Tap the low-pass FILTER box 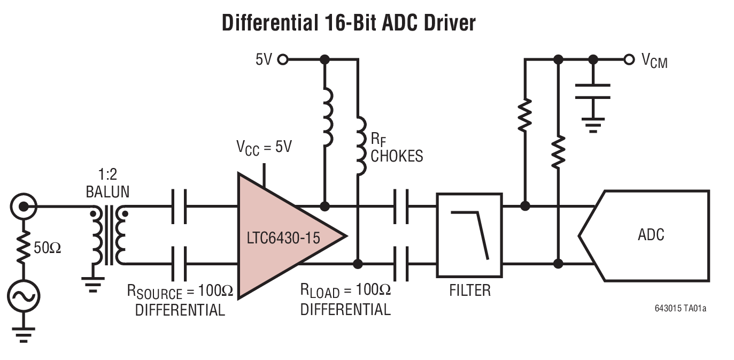click(469, 235)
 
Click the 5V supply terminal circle click(283, 59)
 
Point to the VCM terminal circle click(629, 59)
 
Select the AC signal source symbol click(23, 295)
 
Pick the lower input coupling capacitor click(179, 264)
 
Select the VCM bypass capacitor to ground click(592, 91)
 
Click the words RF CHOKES click(396, 148)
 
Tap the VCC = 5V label click(264, 147)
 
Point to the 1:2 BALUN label click(107, 183)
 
